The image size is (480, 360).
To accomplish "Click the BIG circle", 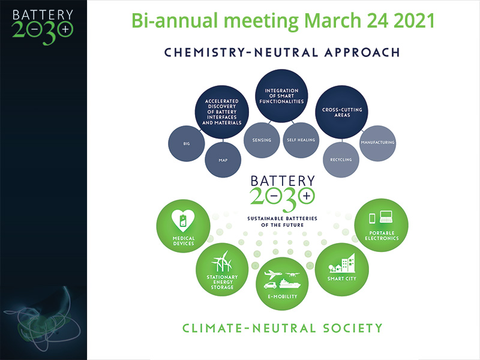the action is click(x=187, y=143).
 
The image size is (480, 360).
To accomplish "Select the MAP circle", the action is click(x=223, y=160).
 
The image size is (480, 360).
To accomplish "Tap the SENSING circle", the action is click(x=262, y=140).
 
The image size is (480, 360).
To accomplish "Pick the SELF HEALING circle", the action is click(x=301, y=140).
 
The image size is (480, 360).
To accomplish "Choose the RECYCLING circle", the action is click(x=341, y=160).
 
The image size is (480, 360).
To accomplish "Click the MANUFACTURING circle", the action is click(x=378, y=143).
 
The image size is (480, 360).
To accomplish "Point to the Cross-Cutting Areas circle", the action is click(x=342, y=112).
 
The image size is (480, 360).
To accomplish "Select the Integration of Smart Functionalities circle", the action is click(x=281, y=96).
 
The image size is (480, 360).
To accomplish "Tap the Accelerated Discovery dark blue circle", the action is click(x=222, y=112).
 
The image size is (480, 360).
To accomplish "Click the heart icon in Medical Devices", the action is click(x=183, y=220).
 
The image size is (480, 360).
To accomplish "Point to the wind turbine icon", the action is click(x=222, y=262).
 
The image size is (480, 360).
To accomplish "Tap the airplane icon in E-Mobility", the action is click(x=273, y=274).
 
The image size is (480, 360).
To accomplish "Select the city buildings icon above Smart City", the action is click(x=342, y=263).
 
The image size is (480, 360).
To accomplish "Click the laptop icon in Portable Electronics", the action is click(x=386, y=217).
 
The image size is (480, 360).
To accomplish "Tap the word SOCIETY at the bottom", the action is click(x=353, y=328).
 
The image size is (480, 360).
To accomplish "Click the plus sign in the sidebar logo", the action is click(x=65, y=29).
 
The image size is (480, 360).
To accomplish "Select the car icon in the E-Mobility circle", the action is click(x=271, y=285).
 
